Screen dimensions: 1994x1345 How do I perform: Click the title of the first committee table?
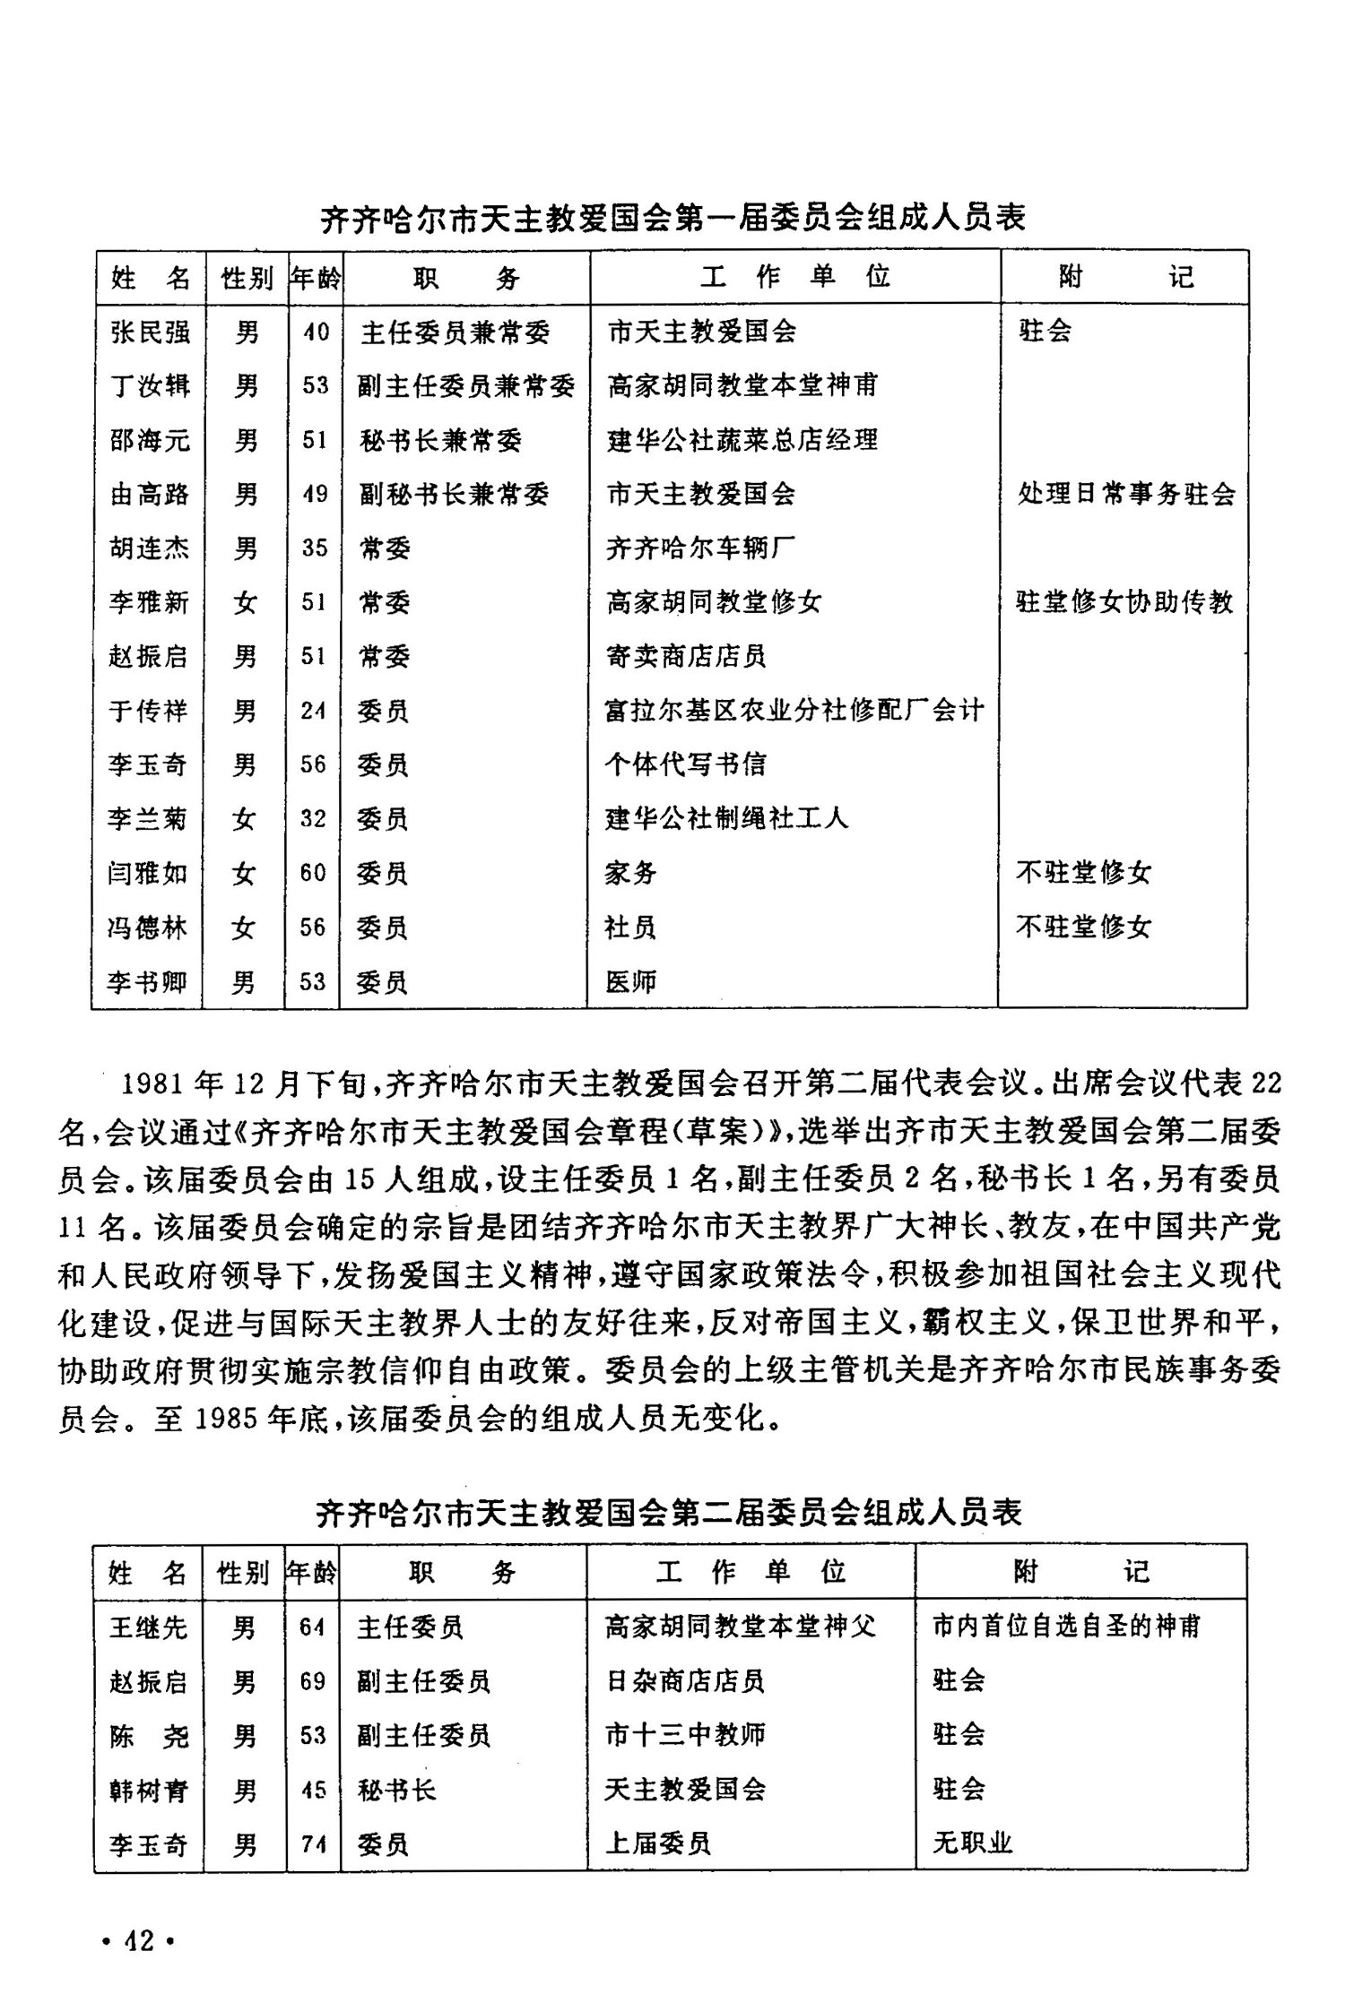[x=672, y=218]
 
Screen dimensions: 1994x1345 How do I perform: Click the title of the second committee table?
[x=669, y=1513]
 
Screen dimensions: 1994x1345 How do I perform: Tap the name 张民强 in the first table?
[x=150, y=332]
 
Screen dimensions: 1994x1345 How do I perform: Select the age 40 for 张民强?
[x=315, y=332]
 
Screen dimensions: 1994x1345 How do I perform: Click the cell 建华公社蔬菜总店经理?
[x=742, y=440]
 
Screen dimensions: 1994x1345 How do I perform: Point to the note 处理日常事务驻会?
[x=1125, y=494]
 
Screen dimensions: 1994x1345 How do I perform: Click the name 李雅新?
[x=150, y=602]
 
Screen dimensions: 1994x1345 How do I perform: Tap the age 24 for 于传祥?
[x=313, y=711]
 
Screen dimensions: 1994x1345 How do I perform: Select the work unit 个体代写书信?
[x=685, y=764]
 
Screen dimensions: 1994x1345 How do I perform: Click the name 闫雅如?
[x=148, y=873]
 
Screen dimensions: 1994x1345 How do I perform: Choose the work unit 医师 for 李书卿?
[x=630, y=982]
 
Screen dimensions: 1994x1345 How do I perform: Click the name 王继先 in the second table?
[x=148, y=1627]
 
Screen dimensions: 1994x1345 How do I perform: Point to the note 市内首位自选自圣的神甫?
[x=1065, y=1627]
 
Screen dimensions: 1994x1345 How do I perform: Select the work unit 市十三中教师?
[x=685, y=1735]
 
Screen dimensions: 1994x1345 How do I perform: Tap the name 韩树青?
[x=148, y=1790]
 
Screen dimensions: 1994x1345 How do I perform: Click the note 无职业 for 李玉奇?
[x=972, y=1843]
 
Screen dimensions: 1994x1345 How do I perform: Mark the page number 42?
[x=139, y=1941]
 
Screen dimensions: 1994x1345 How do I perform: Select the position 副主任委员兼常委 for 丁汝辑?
[x=465, y=386]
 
